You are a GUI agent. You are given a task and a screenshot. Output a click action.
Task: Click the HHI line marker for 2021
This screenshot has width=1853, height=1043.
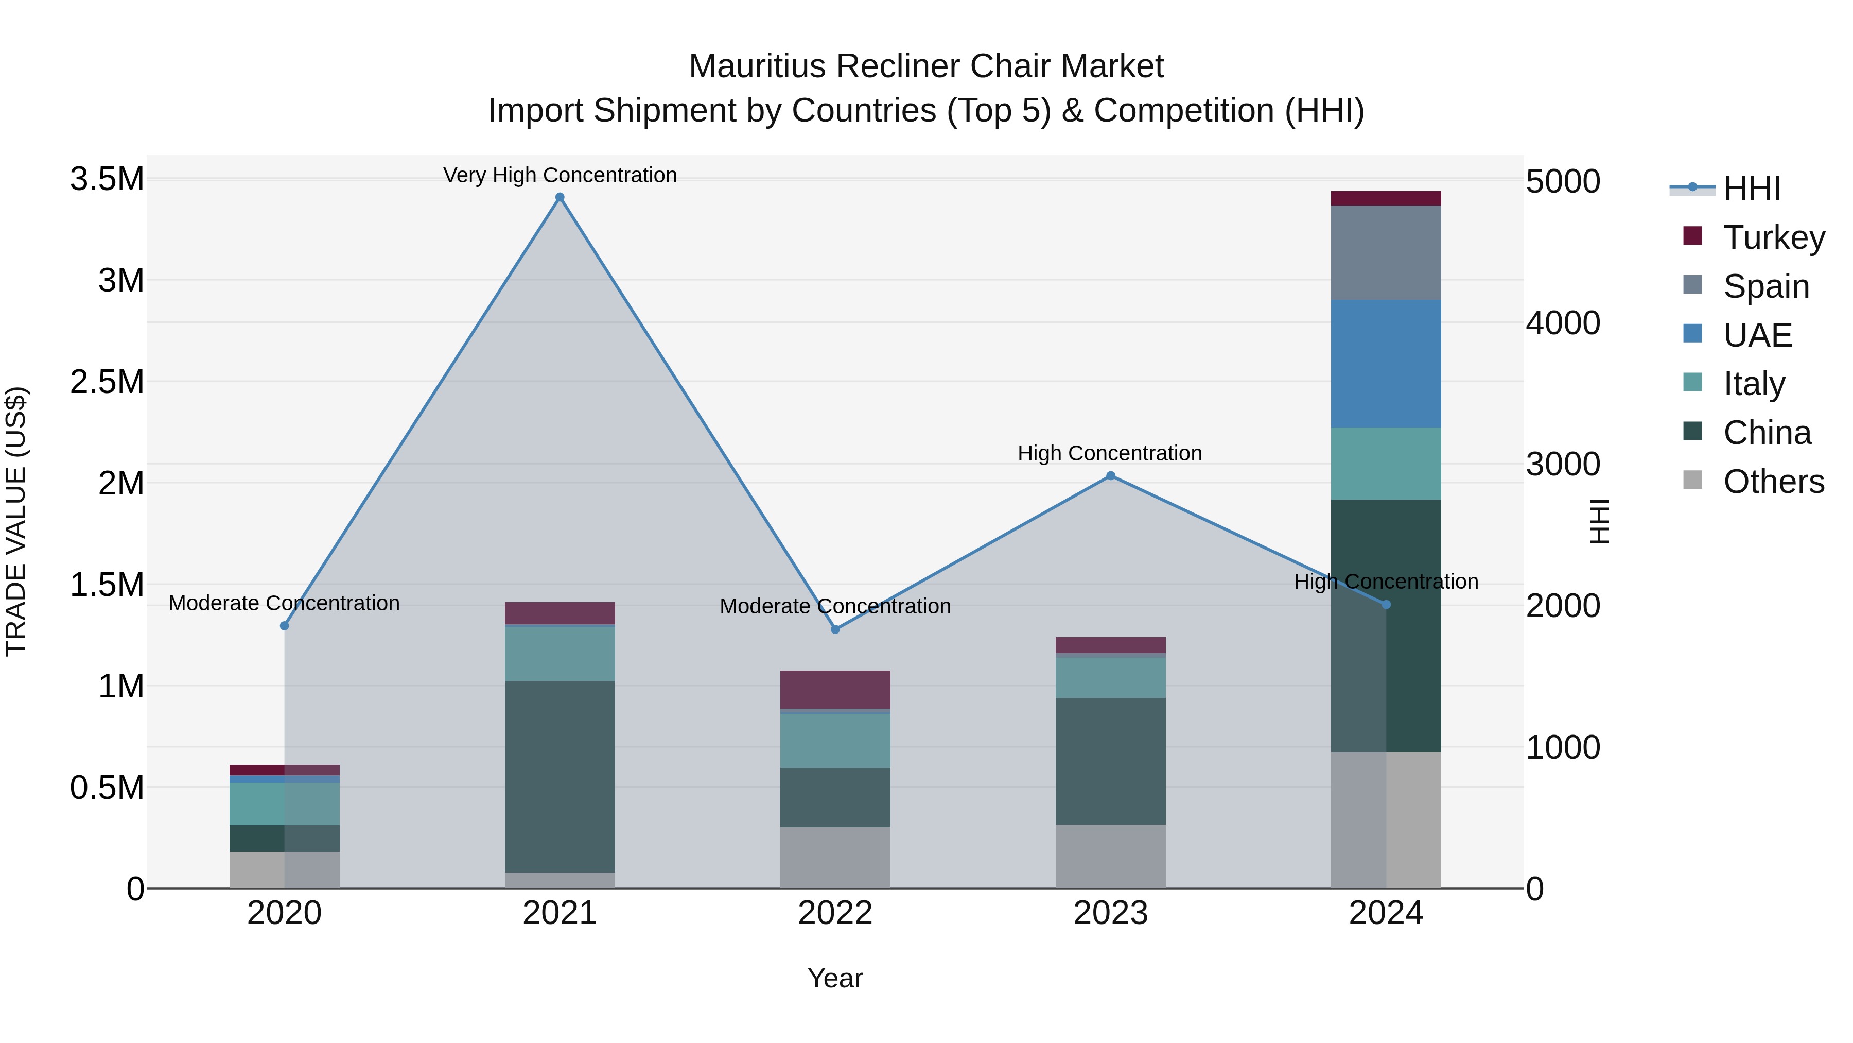coord(560,197)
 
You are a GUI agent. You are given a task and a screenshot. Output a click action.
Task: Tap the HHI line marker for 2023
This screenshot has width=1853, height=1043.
coord(1111,476)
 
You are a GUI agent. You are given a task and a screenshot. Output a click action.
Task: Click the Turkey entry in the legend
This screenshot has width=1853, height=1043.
coord(1774,237)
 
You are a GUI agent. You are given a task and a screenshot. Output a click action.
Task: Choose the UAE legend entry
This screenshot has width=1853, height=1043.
coord(1757,335)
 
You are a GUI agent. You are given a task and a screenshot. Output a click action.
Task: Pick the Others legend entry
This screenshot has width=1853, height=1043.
coord(1773,482)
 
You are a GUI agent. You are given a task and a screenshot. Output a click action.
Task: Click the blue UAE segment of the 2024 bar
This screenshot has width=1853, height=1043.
coord(1386,364)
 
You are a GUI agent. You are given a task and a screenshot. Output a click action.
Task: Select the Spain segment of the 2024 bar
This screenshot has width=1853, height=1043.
coord(1386,253)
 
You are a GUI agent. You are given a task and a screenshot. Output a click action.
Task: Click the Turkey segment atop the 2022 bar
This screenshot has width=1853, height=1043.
coord(835,690)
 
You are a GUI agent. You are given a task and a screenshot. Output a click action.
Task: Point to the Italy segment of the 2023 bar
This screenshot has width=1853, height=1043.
coord(1111,677)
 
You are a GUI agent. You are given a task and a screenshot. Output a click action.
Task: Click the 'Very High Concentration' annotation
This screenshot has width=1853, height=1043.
coord(560,175)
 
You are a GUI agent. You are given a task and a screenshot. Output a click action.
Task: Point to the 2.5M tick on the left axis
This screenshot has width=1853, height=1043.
coord(107,382)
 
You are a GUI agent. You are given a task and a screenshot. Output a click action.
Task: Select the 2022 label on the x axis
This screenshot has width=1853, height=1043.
coord(835,913)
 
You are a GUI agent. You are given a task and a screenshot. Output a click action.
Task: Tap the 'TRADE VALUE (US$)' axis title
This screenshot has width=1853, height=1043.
coord(16,521)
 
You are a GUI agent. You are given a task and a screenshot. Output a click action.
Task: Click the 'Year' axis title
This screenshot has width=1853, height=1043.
coord(835,978)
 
